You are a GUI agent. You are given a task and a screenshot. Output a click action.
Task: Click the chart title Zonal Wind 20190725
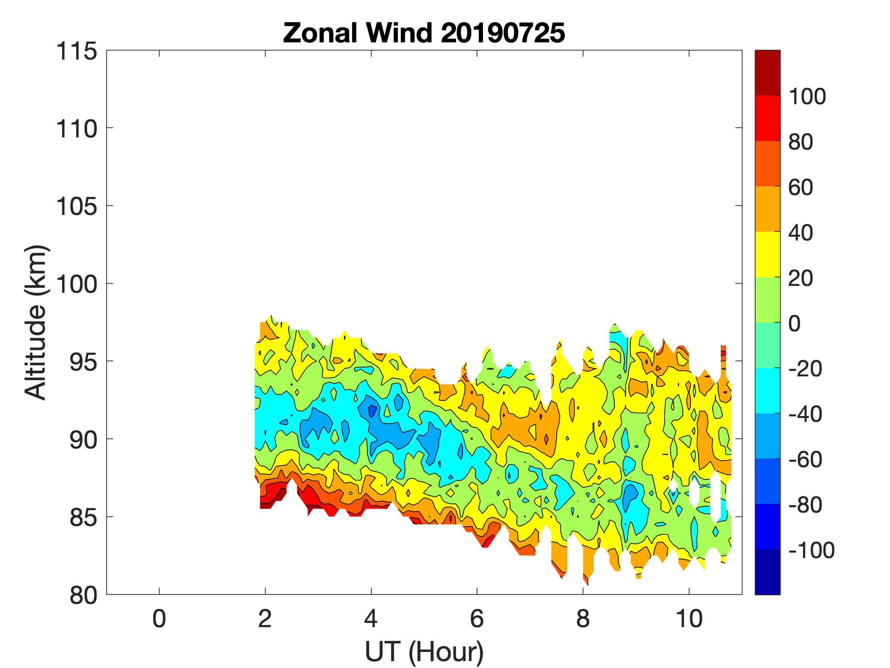click(424, 33)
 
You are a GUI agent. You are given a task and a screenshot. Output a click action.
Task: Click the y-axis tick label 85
click(83, 517)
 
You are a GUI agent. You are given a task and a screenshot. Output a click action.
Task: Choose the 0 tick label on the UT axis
click(159, 618)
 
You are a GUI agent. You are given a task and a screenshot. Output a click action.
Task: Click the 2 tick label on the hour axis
click(265, 618)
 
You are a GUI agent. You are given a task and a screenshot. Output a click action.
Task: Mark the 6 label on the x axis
click(477, 618)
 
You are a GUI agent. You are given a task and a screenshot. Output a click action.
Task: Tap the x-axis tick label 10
click(689, 618)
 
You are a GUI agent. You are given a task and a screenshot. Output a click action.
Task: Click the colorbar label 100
click(807, 97)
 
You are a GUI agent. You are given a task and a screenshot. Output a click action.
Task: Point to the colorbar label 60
click(801, 188)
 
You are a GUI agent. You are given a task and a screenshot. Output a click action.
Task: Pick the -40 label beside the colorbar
click(805, 414)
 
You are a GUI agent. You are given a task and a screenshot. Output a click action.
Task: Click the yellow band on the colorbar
click(767, 255)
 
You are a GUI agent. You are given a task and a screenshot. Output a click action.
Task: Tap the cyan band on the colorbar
click(767, 390)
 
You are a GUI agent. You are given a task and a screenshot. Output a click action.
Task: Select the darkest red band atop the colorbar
click(767, 73)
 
